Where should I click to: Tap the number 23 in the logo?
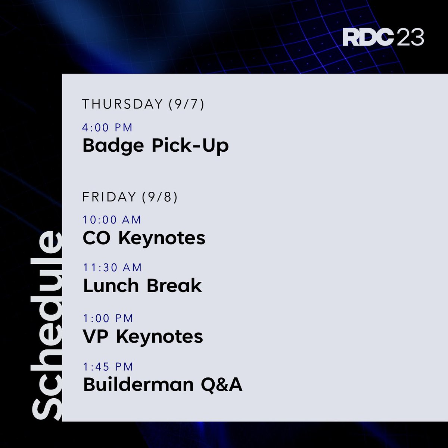410,38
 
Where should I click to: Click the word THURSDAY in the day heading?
122,104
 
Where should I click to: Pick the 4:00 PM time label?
108,128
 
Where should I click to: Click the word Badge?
113,146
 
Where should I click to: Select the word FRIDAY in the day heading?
109,197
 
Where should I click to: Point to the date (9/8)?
160,197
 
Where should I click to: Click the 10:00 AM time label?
112,220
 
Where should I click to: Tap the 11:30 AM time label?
112,268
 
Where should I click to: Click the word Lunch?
111,286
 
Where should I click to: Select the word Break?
174,286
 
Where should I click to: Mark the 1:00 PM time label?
108,318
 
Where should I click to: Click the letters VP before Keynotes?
96,337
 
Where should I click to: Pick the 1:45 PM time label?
108,367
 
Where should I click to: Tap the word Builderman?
139,384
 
